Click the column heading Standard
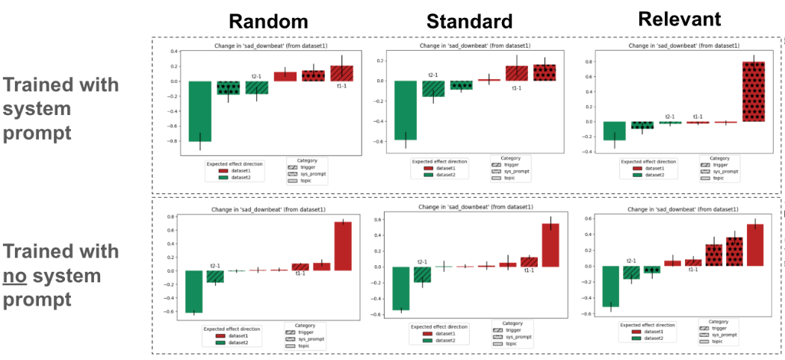(469, 21)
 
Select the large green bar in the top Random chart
(199, 111)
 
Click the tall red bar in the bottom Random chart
(344, 246)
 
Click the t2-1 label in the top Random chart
(256, 75)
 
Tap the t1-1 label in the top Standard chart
(516, 88)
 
